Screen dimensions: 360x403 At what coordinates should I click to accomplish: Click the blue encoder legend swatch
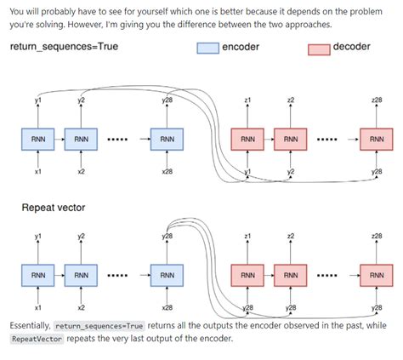207,48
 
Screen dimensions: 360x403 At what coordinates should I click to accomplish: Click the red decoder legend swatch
319,48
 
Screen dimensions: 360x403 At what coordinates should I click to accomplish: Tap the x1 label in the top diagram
37,171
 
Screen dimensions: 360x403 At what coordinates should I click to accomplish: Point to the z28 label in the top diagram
377,101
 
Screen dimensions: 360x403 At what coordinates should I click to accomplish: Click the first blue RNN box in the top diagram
37,137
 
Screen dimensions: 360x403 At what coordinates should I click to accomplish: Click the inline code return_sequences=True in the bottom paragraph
99,326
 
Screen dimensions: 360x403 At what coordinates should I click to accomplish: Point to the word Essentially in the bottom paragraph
30,326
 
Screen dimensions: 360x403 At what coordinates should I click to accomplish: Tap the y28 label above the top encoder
167,101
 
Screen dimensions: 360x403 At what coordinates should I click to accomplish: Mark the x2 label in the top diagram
81,171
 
